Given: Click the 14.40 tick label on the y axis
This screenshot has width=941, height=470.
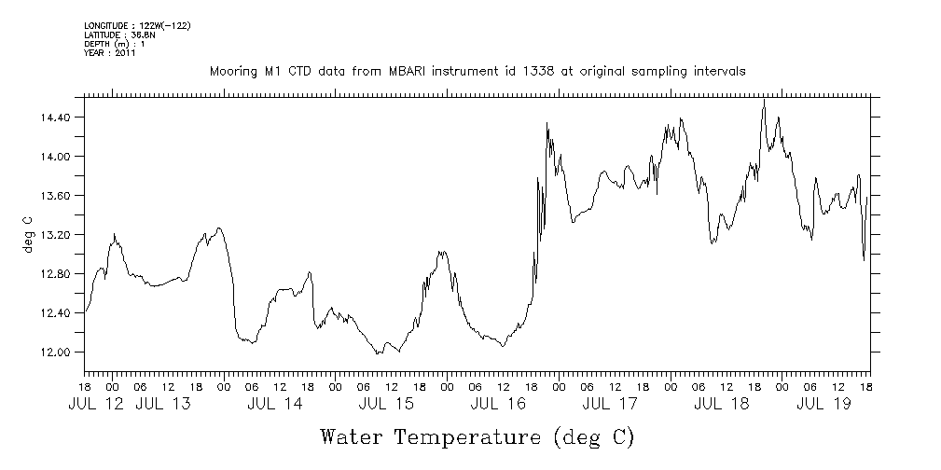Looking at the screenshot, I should tap(57, 117).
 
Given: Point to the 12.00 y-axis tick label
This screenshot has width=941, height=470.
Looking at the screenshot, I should tap(57, 352).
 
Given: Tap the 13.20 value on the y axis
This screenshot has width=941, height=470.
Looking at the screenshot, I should tap(57, 235).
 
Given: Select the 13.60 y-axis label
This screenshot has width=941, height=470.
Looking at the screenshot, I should tap(57, 196).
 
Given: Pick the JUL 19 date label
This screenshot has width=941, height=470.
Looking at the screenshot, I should tap(823, 405).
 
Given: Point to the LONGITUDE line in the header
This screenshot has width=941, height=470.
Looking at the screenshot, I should tap(137, 25).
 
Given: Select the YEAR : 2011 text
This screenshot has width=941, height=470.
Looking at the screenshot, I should tap(110, 53).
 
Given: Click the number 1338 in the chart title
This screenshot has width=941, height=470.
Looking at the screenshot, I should tap(526, 71).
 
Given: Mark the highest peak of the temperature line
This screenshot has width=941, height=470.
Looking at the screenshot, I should tap(764, 100).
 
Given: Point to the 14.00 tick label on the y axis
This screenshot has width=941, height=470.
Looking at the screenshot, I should tap(57, 157).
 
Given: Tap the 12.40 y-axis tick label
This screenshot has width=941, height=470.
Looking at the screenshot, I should tap(57, 313).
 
